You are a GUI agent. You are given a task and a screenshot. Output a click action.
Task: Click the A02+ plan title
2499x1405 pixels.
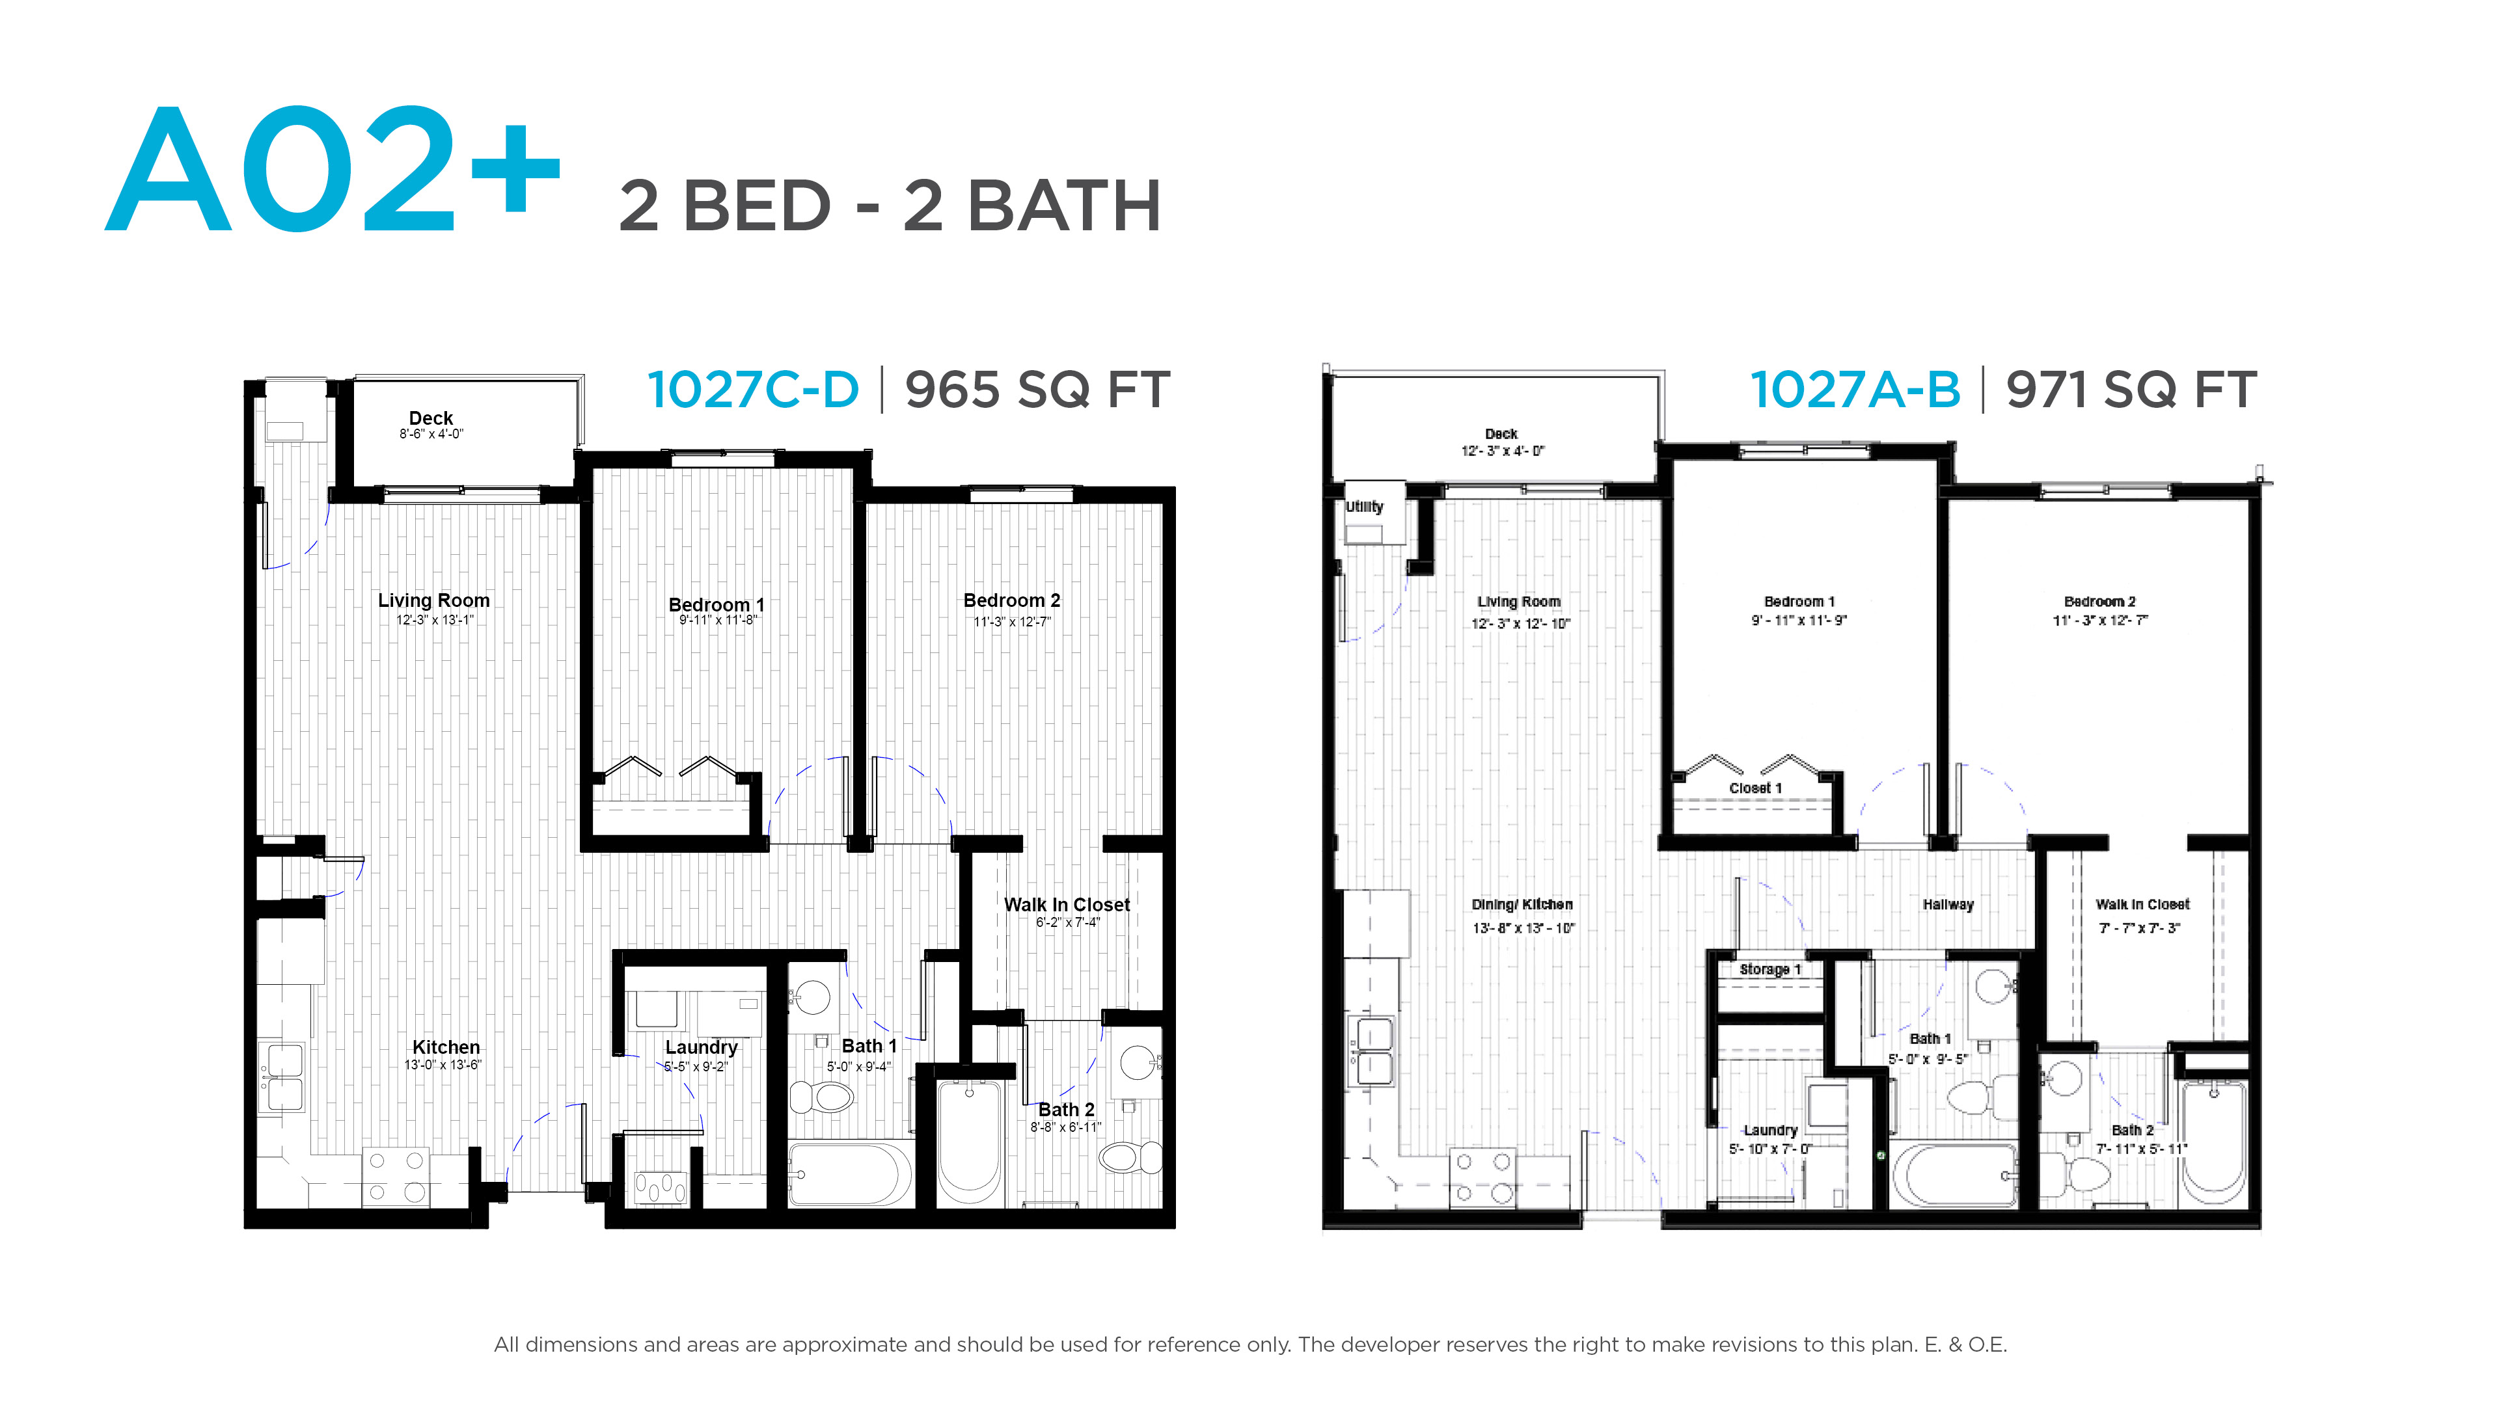coord(332,170)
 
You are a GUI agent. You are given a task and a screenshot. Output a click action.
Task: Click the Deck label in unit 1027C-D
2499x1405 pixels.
coord(431,418)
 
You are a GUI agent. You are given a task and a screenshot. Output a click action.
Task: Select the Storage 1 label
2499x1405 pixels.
coord(1770,970)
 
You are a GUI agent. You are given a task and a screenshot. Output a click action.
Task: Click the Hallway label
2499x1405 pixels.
coord(1948,905)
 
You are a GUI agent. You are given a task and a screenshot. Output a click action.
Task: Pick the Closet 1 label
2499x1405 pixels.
coord(1756,788)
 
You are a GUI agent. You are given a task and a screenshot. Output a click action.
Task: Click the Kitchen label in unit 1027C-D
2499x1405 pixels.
coord(446,1047)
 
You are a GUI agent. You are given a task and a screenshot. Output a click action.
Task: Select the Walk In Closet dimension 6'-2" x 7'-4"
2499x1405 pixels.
coord(1067,922)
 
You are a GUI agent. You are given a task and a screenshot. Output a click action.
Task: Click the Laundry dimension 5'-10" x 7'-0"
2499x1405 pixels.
coord(1770,1149)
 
